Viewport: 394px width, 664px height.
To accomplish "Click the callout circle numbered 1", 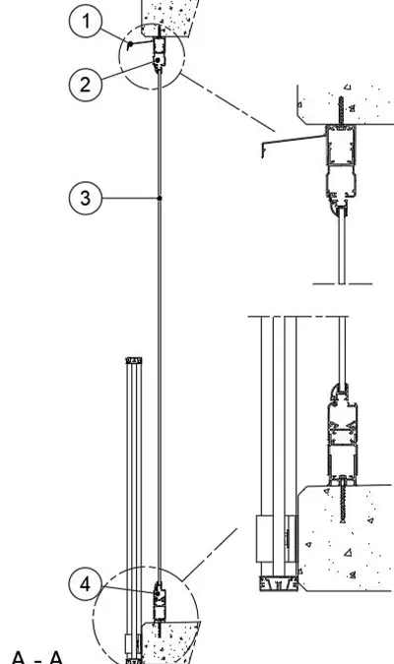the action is (x=86, y=21).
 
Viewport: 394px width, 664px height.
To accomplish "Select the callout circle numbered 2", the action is (x=86, y=84).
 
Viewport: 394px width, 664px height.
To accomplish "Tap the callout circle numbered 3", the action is (x=86, y=198).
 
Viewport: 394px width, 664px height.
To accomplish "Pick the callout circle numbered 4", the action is (x=86, y=584).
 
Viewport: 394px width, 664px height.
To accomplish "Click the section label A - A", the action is (x=37, y=657).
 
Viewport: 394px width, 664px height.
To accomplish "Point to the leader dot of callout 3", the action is (x=160, y=198).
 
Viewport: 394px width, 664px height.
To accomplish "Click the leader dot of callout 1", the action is (x=131, y=43).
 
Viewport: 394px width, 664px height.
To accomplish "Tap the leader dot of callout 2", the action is (x=158, y=61).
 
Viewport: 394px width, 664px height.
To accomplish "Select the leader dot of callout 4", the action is (x=158, y=594).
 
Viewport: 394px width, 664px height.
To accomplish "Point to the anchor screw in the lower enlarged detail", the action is (x=342, y=500).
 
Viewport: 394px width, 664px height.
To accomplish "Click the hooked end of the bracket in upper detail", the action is (x=263, y=151).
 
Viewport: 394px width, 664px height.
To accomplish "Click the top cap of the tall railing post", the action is (x=134, y=360).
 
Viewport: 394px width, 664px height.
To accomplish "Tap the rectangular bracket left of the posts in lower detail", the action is (x=265, y=539).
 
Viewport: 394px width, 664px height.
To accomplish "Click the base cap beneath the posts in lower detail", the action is (x=278, y=584).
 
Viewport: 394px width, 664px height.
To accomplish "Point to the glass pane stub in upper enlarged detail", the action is (x=342, y=246).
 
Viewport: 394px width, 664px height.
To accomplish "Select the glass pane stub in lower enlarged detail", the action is (x=342, y=350).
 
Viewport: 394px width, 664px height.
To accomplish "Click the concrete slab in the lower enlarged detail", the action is (x=346, y=538).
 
